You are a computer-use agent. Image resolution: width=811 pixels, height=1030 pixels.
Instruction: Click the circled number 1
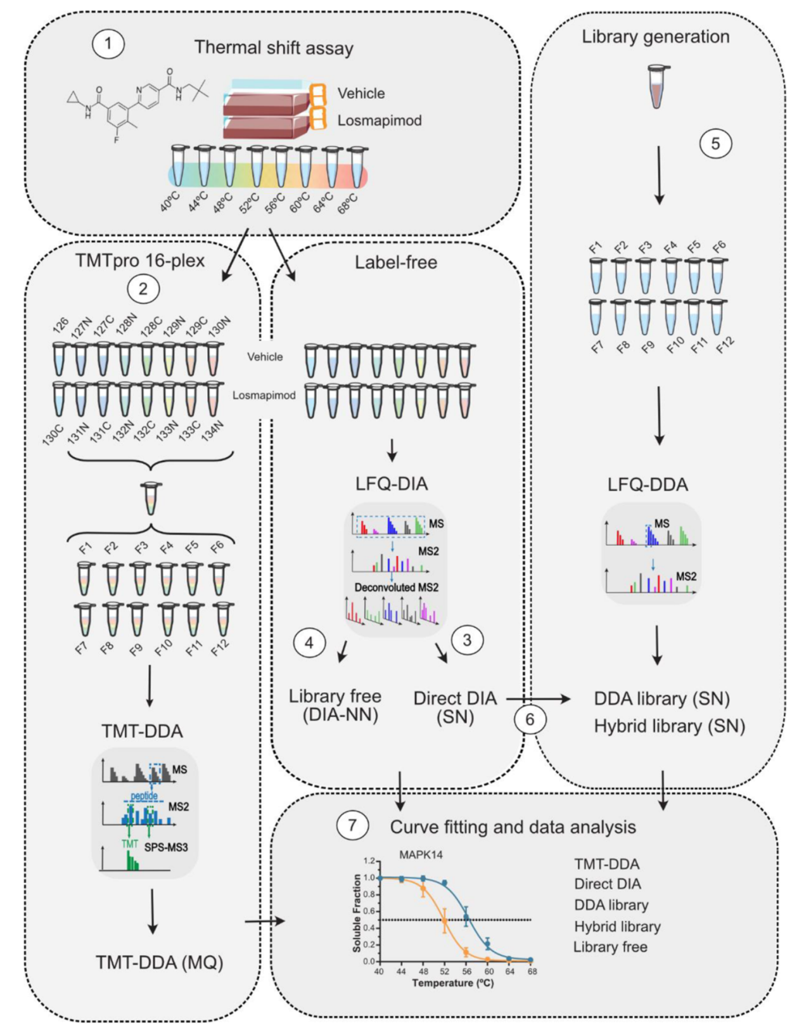(x=108, y=44)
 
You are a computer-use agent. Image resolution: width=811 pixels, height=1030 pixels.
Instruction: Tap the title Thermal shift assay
(x=274, y=48)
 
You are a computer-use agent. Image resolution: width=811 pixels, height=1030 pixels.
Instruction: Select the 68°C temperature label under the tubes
(x=348, y=204)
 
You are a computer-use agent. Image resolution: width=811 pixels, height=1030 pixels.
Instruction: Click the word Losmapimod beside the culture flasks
(x=380, y=120)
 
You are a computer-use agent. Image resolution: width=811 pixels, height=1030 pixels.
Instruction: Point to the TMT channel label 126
(x=61, y=325)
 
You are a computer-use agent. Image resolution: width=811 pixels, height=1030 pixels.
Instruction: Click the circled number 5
(x=715, y=143)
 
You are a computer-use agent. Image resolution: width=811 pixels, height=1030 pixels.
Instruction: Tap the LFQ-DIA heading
(x=392, y=484)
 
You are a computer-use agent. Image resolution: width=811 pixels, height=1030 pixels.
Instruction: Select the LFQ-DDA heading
(x=648, y=485)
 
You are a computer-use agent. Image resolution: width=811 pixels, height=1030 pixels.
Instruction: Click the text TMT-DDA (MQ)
(x=160, y=963)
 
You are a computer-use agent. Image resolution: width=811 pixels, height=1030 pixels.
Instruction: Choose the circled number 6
(x=530, y=719)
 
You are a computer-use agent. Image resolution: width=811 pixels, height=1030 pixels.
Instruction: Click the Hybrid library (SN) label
(x=669, y=726)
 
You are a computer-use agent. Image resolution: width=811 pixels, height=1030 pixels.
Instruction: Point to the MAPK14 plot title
(x=421, y=854)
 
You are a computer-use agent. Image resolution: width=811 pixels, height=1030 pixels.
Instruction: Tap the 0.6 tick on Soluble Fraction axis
(x=369, y=911)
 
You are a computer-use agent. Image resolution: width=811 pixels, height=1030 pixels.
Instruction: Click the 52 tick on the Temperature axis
(x=445, y=971)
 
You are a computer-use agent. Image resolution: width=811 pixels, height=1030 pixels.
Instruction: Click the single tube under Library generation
(x=659, y=86)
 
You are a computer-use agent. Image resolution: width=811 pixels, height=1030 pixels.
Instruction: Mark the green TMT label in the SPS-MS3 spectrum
(x=129, y=844)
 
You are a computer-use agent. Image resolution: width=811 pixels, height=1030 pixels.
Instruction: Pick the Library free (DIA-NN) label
(x=335, y=705)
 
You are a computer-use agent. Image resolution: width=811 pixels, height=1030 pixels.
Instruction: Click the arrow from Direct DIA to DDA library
(x=539, y=699)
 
